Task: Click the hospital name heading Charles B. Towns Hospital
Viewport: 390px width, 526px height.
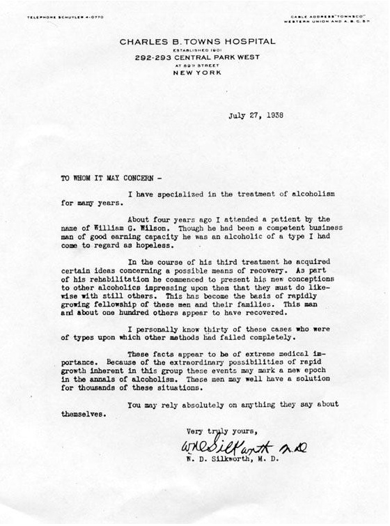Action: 197,42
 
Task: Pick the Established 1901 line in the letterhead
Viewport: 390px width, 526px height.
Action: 197,49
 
